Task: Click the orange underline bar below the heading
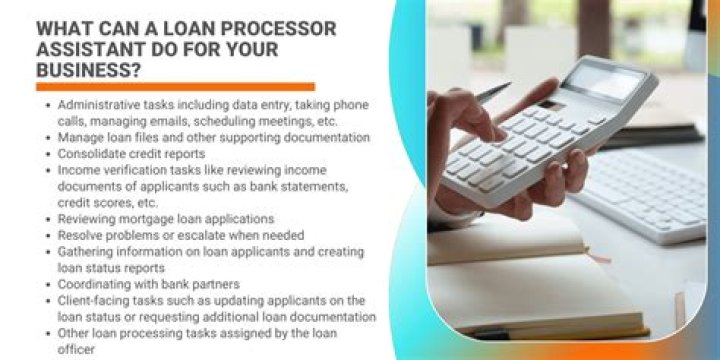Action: click(x=175, y=87)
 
